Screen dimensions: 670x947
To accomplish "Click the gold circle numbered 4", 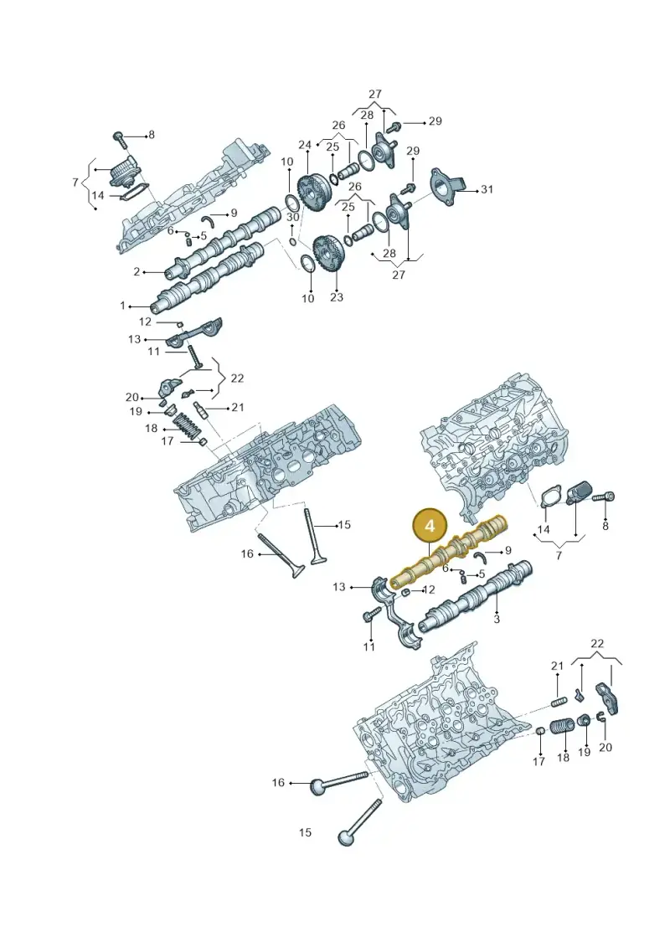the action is click(x=430, y=526).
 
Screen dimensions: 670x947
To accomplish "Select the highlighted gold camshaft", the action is click(x=449, y=552).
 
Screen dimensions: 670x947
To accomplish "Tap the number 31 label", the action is click(x=487, y=189).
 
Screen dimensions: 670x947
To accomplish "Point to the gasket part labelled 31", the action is click(x=448, y=185).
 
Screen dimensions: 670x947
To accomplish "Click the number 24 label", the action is click(x=305, y=145).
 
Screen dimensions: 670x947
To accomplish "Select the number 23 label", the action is click(x=337, y=297).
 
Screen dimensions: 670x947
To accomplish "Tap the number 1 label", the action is click(x=123, y=306).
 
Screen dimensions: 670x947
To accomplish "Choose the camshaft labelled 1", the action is click(x=209, y=278).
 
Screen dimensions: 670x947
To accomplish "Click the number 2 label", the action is click(x=137, y=272).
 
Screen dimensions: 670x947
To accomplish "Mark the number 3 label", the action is click(x=497, y=619).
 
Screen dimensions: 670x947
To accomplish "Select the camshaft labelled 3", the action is click(x=476, y=598).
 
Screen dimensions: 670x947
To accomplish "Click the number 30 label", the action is click(x=292, y=217).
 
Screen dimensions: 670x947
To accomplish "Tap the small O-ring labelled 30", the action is click(x=292, y=243).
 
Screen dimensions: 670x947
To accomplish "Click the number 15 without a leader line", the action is click(x=305, y=832).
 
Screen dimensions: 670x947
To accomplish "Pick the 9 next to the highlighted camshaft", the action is click(x=508, y=550).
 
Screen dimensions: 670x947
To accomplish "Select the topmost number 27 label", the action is click(x=375, y=95).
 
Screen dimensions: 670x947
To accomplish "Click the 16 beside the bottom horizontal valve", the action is click(x=278, y=783).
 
